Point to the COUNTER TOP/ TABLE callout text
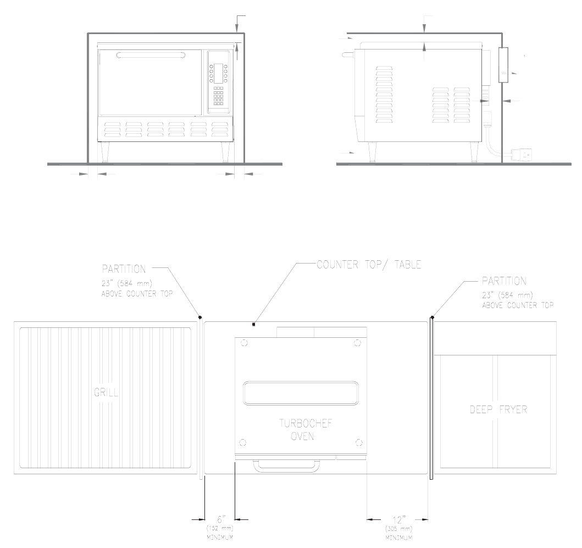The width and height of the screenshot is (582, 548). [x=369, y=265]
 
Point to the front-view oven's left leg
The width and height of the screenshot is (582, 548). [x=104, y=151]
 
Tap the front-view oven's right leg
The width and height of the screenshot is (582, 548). [x=226, y=151]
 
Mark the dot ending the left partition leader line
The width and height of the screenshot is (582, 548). [x=200, y=317]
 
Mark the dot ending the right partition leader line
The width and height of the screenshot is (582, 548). [x=433, y=317]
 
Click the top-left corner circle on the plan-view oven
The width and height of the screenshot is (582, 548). [x=244, y=343]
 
